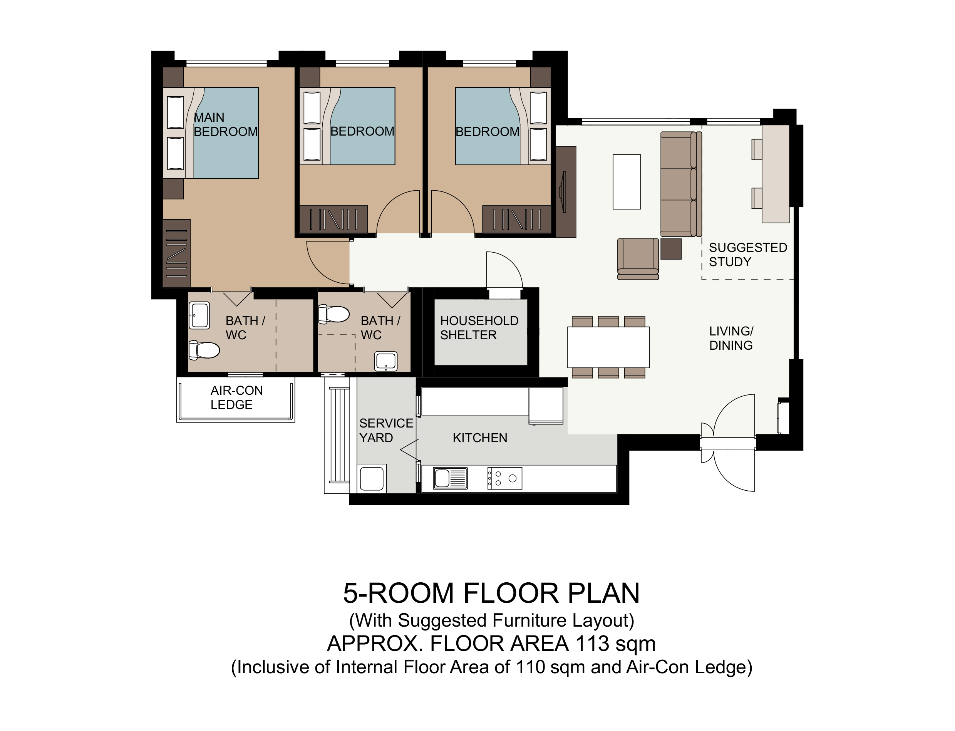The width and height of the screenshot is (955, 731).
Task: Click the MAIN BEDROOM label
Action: (x=225, y=124)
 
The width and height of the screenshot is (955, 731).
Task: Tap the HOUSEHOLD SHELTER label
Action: (x=479, y=328)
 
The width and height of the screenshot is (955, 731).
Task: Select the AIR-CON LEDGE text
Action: (x=236, y=397)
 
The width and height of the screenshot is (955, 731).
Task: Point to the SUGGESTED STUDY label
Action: (x=748, y=255)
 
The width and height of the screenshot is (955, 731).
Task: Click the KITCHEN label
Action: (x=480, y=438)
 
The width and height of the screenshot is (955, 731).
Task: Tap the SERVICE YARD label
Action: (x=386, y=430)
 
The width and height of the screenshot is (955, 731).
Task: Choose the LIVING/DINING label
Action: (x=731, y=338)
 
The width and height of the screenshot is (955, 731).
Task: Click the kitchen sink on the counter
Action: (x=450, y=478)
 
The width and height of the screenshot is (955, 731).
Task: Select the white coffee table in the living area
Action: (x=627, y=182)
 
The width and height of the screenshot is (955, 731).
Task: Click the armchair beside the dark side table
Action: (x=638, y=258)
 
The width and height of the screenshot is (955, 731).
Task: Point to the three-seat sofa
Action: (x=681, y=184)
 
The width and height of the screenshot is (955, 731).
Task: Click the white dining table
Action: (x=608, y=347)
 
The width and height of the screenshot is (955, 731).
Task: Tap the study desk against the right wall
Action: (x=775, y=174)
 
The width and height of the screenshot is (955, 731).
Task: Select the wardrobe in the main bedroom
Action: (x=176, y=253)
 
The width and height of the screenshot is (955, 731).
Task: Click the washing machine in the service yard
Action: (x=372, y=478)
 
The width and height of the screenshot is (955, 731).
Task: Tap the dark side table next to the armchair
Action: (x=671, y=249)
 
